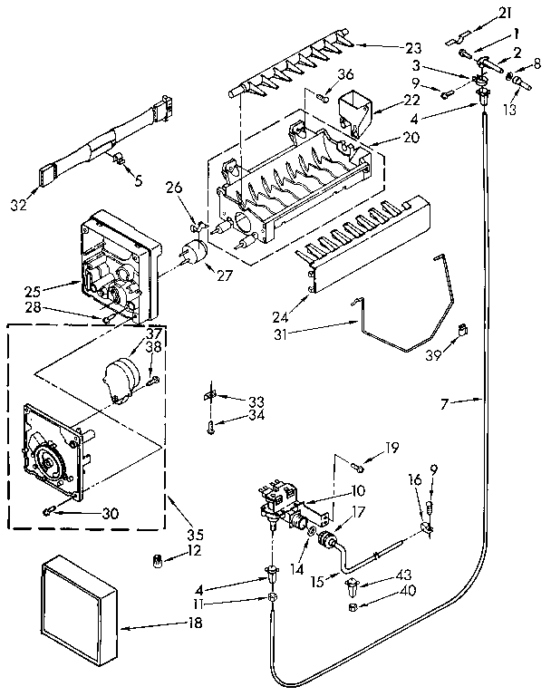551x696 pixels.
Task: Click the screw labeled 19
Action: click(x=357, y=468)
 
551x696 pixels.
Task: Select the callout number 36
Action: click(x=347, y=75)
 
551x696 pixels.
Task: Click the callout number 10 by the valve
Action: click(x=358, y=490)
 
